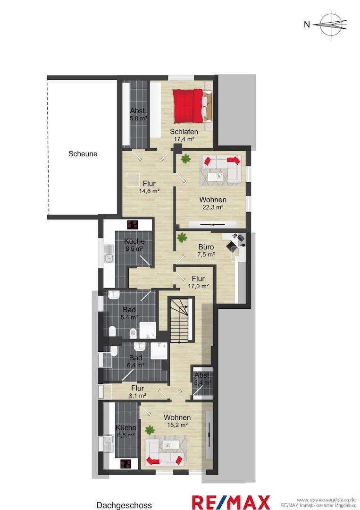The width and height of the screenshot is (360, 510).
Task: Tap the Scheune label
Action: coord(83,154)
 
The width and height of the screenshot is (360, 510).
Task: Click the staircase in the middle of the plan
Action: coord(181,320)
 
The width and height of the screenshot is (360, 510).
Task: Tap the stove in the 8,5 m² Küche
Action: coord(133,224)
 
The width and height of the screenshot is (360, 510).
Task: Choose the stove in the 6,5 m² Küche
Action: coord(126,464)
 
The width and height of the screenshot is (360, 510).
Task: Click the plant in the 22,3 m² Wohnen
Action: coord(185,159)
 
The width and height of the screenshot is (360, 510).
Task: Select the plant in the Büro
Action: coord(182,238)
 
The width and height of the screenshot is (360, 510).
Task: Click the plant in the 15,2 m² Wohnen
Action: coord(150,430)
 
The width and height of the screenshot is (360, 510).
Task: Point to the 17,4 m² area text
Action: coord(184,139)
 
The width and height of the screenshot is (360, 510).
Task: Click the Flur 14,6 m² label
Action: coord(149,187)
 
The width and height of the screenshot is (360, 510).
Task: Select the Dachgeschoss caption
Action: coord(124,505)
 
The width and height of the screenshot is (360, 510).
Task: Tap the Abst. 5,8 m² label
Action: coord(138,114)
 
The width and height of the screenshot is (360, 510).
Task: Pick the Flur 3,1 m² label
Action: coord(137,391)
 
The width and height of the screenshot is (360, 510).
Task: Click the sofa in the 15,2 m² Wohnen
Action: coord(164,452)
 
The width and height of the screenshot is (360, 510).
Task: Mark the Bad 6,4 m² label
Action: coord(136,361)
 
